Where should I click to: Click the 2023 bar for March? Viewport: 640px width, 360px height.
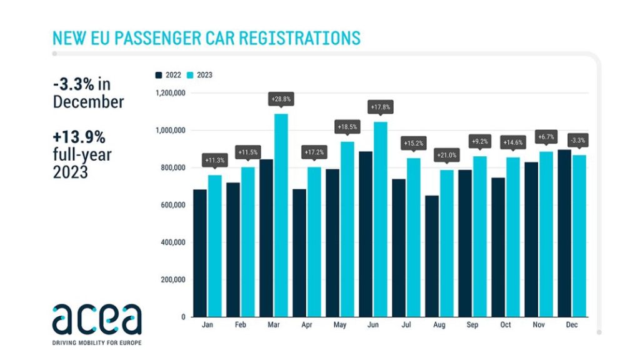point(281,215)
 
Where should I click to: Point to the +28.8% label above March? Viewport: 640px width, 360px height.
point(281,99)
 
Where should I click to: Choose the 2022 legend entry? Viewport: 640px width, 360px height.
point(168,75)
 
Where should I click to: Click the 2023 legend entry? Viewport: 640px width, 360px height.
point(200,75)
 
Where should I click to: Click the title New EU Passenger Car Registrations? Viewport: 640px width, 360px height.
point(207,37)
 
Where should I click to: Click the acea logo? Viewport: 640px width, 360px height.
point(97,320)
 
